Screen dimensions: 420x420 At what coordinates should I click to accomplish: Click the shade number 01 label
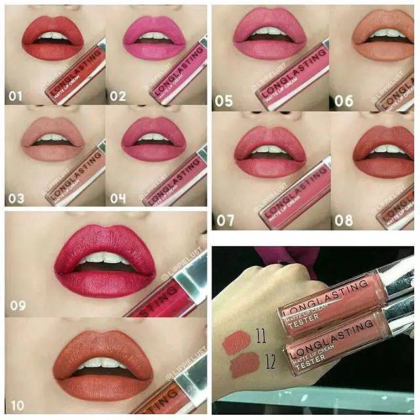tap(16, 96)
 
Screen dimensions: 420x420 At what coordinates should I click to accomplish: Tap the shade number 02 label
tap(117, 96)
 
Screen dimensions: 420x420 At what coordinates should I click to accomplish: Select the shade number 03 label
tap(16, 199)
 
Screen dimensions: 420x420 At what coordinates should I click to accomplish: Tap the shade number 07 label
tap(225, 220)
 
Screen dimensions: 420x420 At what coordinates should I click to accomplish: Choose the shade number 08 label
tap(344, 220)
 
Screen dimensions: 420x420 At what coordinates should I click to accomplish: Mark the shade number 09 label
tap(20, 305)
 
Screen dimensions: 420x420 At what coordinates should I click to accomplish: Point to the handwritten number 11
tap(261, 339)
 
